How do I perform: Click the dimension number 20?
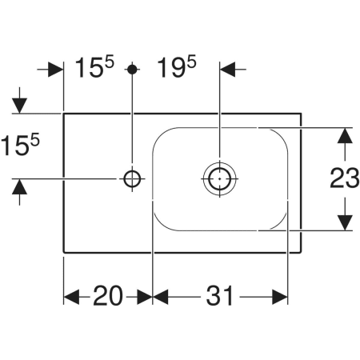click(108, 296)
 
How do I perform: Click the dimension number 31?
click(220, 296)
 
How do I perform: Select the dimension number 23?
click(345, 178)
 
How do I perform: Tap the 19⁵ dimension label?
click(177, 66)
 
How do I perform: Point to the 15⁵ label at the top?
click(94, 66)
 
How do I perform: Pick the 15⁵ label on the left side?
click(20, 145)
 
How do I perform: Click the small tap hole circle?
click(132, 178)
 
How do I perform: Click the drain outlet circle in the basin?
click(219, 178)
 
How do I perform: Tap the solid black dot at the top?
click(132, 70)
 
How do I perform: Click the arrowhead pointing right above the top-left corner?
click(56, 70)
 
